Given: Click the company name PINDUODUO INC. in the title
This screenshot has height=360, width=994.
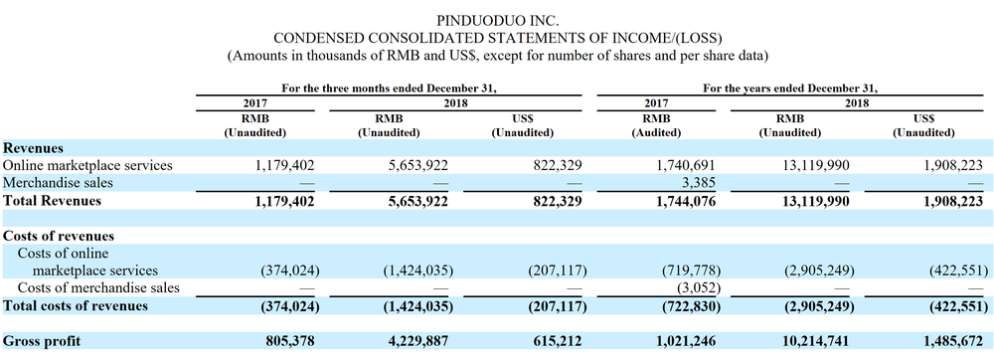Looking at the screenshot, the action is pyautogui.click(x=497, y=22).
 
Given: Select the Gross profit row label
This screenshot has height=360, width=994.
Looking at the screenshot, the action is pyautogui.click(x=42, y=341).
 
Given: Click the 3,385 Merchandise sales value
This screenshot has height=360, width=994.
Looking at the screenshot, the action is pyautogui.click(x=696, y=183).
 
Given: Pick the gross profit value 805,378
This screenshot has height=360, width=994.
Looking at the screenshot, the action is pyautogui.click(x=289, y=341).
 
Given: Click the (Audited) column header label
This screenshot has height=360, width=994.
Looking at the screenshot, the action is pyautogui.click(x=656, y=133).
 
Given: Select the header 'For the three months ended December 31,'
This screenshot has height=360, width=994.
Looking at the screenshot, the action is pyautogui.click(x=389, y=89).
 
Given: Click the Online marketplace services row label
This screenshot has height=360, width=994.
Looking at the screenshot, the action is pyautogui.click(x=87, y=165).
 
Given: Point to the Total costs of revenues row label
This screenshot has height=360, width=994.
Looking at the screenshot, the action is pyautogui.click(x=76, y=305).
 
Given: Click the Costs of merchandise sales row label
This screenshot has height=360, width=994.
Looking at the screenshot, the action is pyautogui.click(x=98, y=287).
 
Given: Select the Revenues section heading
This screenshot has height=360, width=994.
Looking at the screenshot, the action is pyautogui.click(x=33, y=147).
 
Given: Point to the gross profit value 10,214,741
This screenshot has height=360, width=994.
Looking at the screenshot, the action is pyautogui.click(x=811, y=341).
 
